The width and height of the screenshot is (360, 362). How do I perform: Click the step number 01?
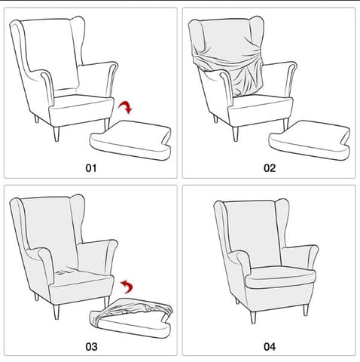coord(91,168)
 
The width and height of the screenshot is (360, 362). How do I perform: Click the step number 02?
coord(270,168)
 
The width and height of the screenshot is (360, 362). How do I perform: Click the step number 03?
coord(91,347)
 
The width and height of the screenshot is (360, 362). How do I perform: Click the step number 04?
coord(270,347)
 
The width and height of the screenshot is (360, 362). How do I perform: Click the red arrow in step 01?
coord(126,107)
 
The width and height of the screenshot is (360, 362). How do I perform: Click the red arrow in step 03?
coord(127,287)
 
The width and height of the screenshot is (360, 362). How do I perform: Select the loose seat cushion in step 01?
coord(130,140)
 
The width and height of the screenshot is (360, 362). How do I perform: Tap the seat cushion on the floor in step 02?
coord(310,140)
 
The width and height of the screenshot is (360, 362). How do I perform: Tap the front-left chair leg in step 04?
coord(253,318)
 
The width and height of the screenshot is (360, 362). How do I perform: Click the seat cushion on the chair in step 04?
coord(280,277)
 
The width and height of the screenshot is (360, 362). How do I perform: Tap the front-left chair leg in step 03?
coord(56,312)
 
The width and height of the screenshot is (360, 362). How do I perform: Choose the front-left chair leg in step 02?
coord(235,133)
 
